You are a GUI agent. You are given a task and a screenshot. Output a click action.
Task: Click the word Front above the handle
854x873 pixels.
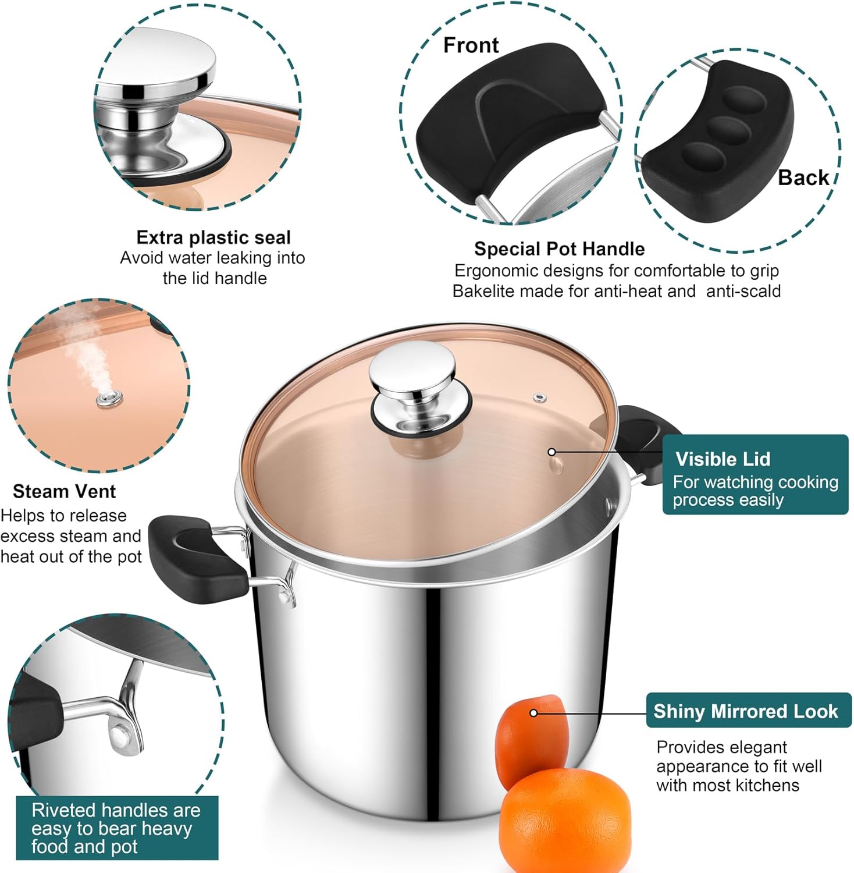(471, 45)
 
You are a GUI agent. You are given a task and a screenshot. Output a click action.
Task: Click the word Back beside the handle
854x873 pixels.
(803, 178)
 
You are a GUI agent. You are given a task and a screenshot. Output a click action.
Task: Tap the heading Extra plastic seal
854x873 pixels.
(213, 237)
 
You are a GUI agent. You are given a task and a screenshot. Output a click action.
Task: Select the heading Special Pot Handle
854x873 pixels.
(559, 249)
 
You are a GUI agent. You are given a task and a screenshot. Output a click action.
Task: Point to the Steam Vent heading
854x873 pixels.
(64, 491)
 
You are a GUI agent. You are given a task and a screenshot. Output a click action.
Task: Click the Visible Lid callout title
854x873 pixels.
(723, 459)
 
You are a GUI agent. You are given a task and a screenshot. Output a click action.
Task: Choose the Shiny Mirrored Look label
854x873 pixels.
(746, 711)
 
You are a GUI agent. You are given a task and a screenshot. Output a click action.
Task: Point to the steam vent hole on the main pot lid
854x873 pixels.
(540, 398)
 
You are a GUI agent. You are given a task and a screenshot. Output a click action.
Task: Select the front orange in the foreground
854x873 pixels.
(564, 819)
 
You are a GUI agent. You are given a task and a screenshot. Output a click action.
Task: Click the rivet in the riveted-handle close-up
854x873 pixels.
(120, 737)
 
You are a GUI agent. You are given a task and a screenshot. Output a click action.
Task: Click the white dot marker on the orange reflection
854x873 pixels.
(533, 713)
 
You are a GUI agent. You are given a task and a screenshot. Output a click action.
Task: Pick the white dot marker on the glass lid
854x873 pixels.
(551, 452)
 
